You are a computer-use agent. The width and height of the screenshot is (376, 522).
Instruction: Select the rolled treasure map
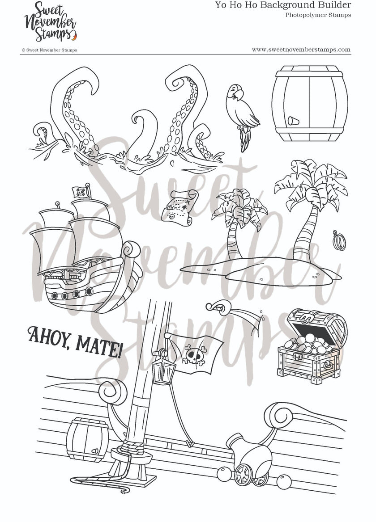[179, 205]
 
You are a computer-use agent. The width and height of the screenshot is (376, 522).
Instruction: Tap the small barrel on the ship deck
[87, 440]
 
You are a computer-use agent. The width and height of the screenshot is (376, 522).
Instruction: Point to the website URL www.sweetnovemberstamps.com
[301, 50]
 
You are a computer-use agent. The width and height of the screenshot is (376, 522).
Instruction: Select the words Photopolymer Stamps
[318, 15]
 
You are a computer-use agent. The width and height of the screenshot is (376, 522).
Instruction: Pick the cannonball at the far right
[283, 482]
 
